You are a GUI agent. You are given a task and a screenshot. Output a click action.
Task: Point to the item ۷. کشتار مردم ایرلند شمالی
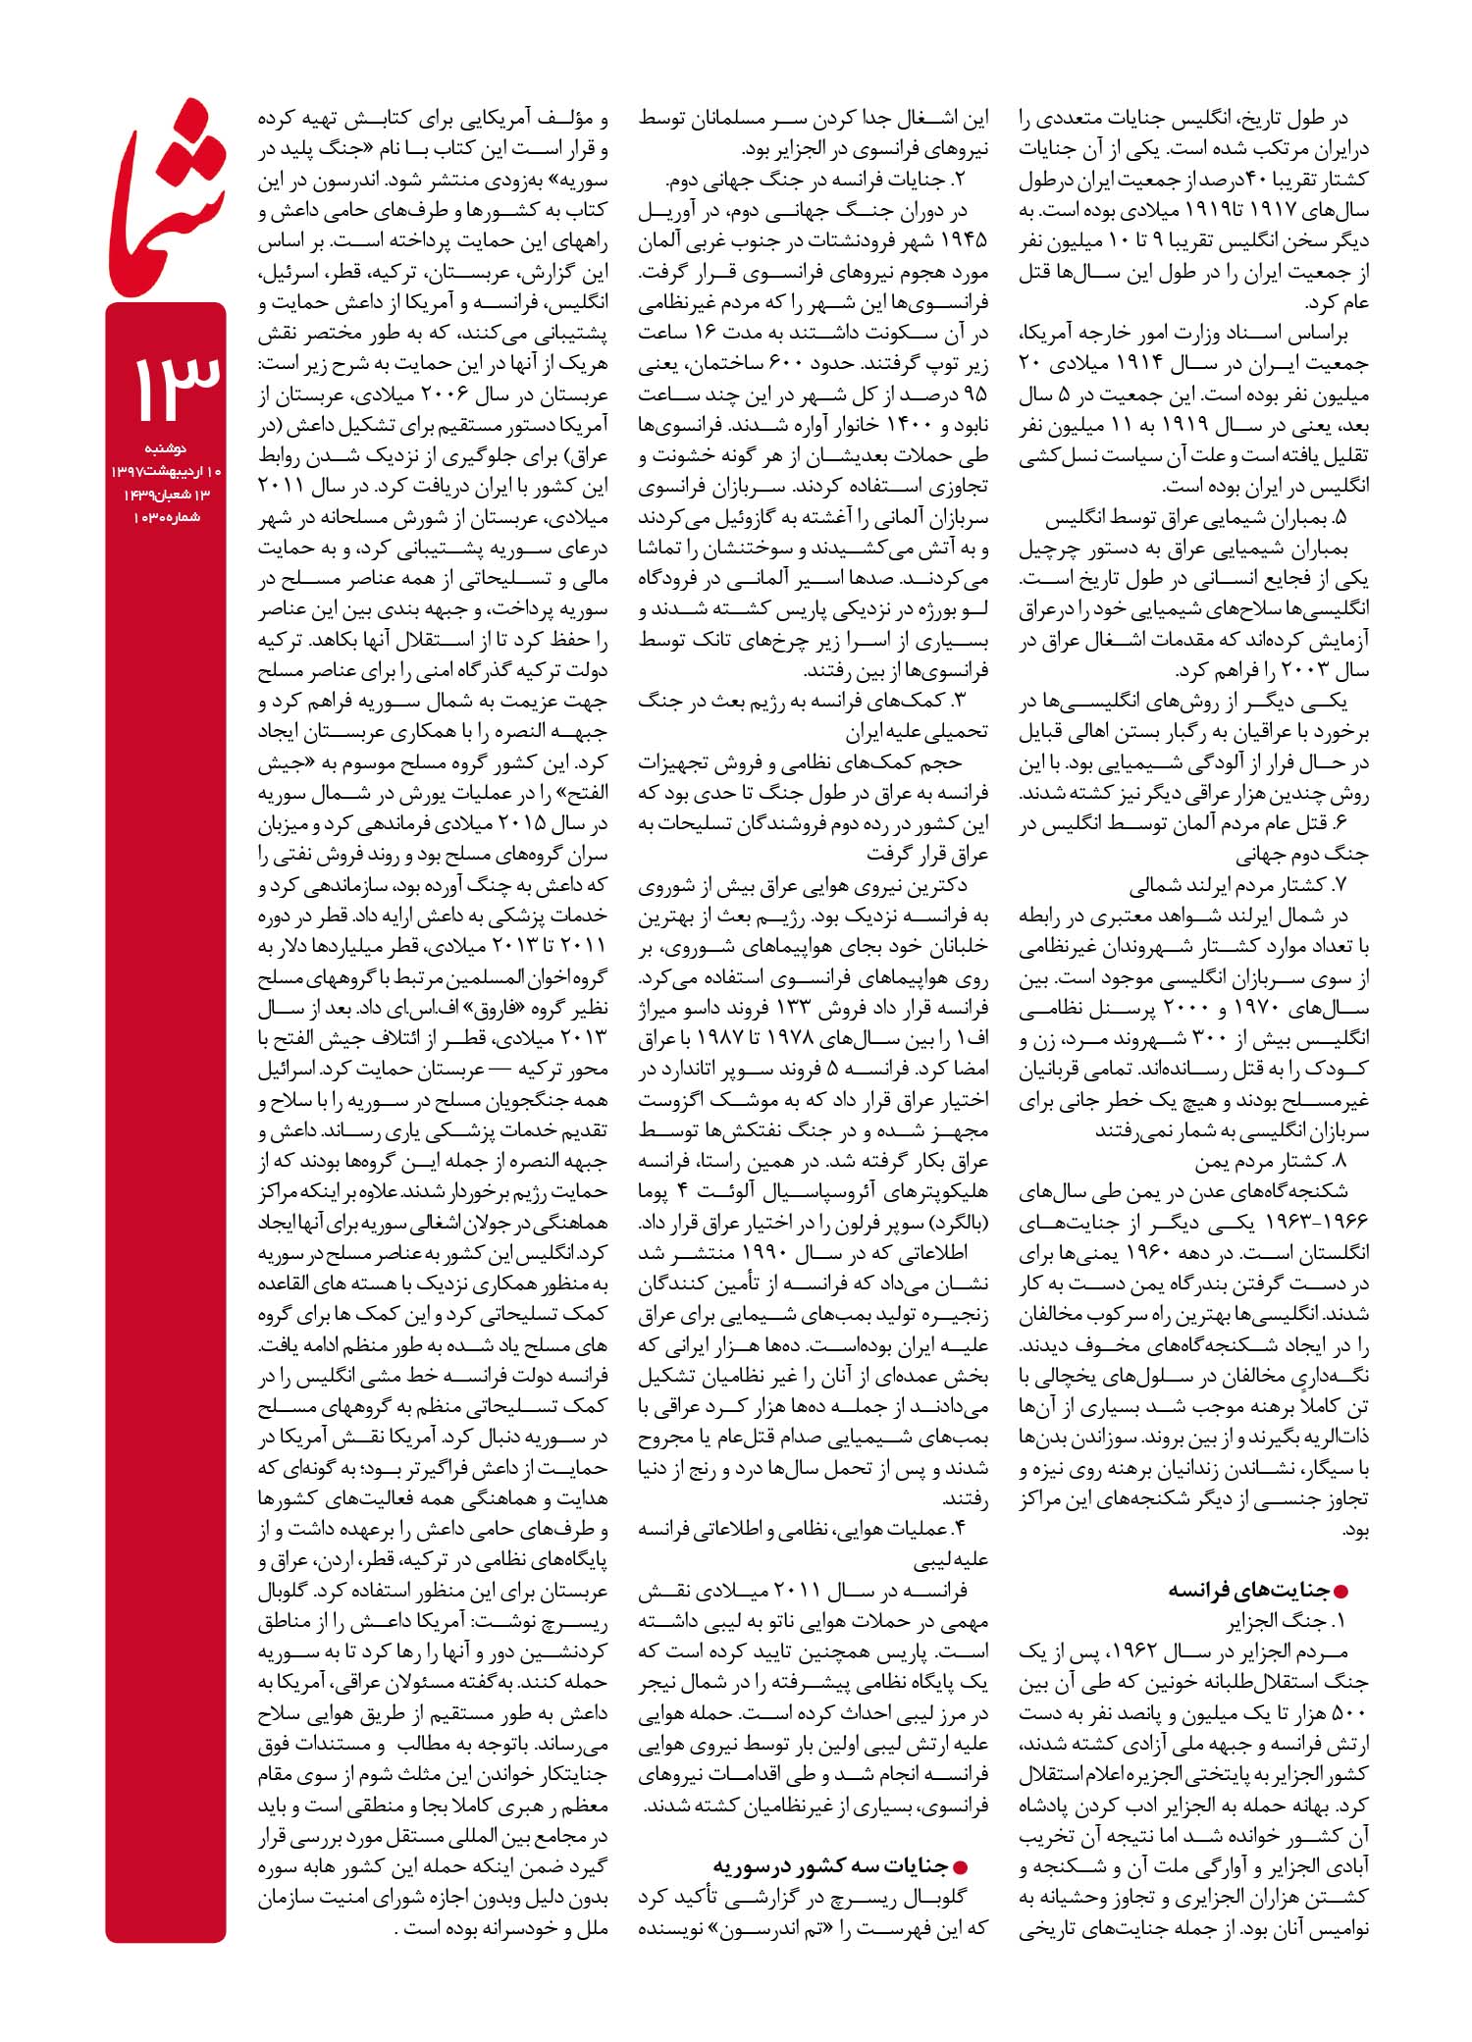[1238, 885]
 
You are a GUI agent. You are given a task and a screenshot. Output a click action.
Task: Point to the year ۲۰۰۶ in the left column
[448, 395]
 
